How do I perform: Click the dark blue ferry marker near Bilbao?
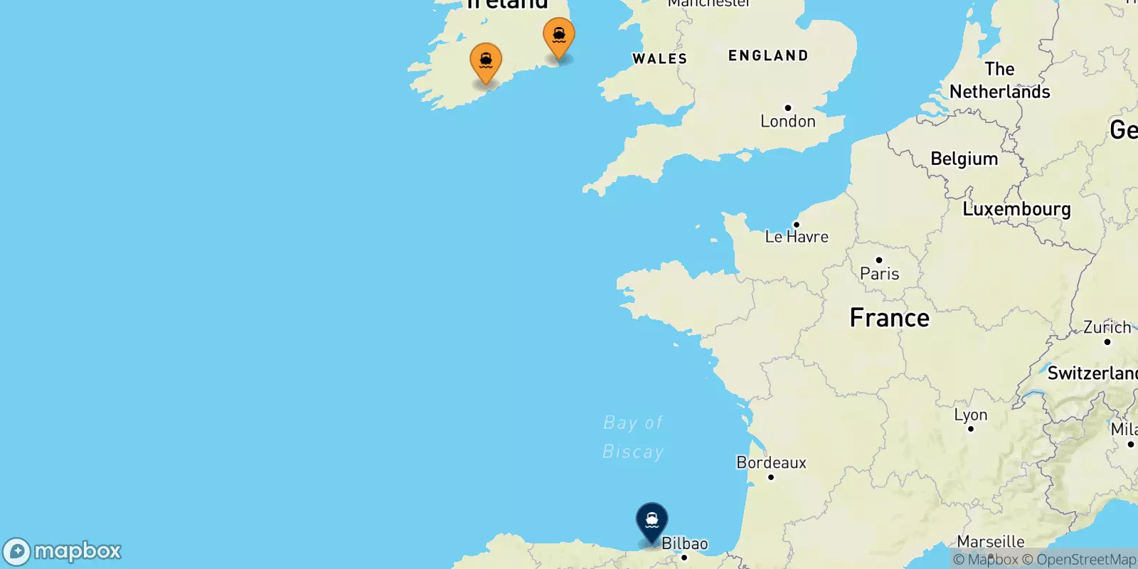point(652,521)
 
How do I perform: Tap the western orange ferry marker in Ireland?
point(486,62)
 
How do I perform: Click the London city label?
point(787,121)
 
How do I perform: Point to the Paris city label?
point(879,274)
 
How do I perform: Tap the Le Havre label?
point(797,237)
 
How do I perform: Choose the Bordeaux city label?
point(771,463)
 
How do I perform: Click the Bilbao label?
point(685,544)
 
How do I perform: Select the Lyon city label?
point(970,415)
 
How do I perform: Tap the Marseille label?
point(990,542)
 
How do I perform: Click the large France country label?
point(889,318)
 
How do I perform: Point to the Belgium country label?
point(964,159)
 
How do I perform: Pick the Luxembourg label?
point(1016,209)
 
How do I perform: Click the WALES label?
point(659,59)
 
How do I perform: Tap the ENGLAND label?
point(768,55)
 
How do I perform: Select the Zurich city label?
point(1107,328)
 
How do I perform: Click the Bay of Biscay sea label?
point(633,437)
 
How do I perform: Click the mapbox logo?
point(63,551)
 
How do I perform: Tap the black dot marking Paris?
point(879,260)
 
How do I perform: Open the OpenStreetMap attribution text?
point(1079,560)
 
